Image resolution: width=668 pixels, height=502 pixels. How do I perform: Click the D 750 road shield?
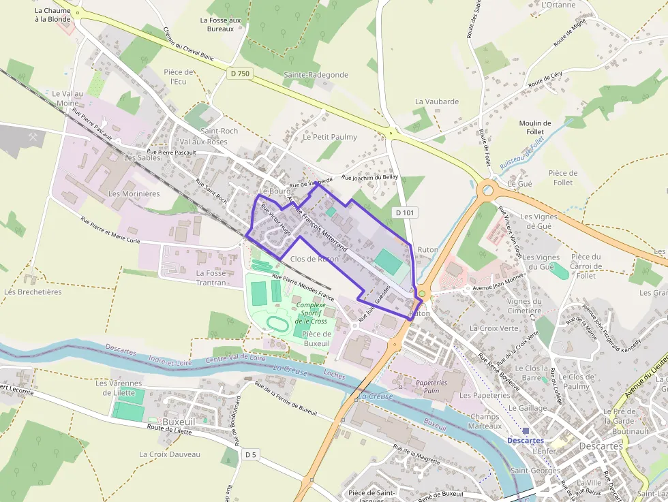click(x=240, y=74)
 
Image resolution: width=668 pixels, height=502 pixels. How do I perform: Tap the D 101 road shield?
click(x=405, y=213)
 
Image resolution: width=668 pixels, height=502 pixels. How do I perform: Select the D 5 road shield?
click(x=252, y=454)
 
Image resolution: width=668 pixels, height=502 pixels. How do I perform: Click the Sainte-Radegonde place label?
click(x=316, y=75)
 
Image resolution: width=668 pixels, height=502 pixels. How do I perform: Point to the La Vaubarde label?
click(x=437, y=101)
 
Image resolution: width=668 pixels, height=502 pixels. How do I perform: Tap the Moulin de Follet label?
click(x=535, y=127)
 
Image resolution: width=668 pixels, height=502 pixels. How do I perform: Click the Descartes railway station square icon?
click(x=526, y=430)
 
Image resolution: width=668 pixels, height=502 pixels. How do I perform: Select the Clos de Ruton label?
click(x=314, y=259)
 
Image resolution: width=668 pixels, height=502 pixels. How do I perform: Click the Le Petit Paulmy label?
click(x=330, y=137)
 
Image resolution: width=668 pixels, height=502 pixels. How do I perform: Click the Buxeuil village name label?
click(x=179, y=422)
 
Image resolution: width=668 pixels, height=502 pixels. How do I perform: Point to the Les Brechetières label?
click(x=33, y=292)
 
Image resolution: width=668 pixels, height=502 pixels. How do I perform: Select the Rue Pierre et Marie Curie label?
click(x=110, y=230)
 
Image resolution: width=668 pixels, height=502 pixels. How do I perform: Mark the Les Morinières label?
click(x=134, y=193)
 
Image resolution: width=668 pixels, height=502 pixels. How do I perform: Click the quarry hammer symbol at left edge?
click(x=33, y=137)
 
